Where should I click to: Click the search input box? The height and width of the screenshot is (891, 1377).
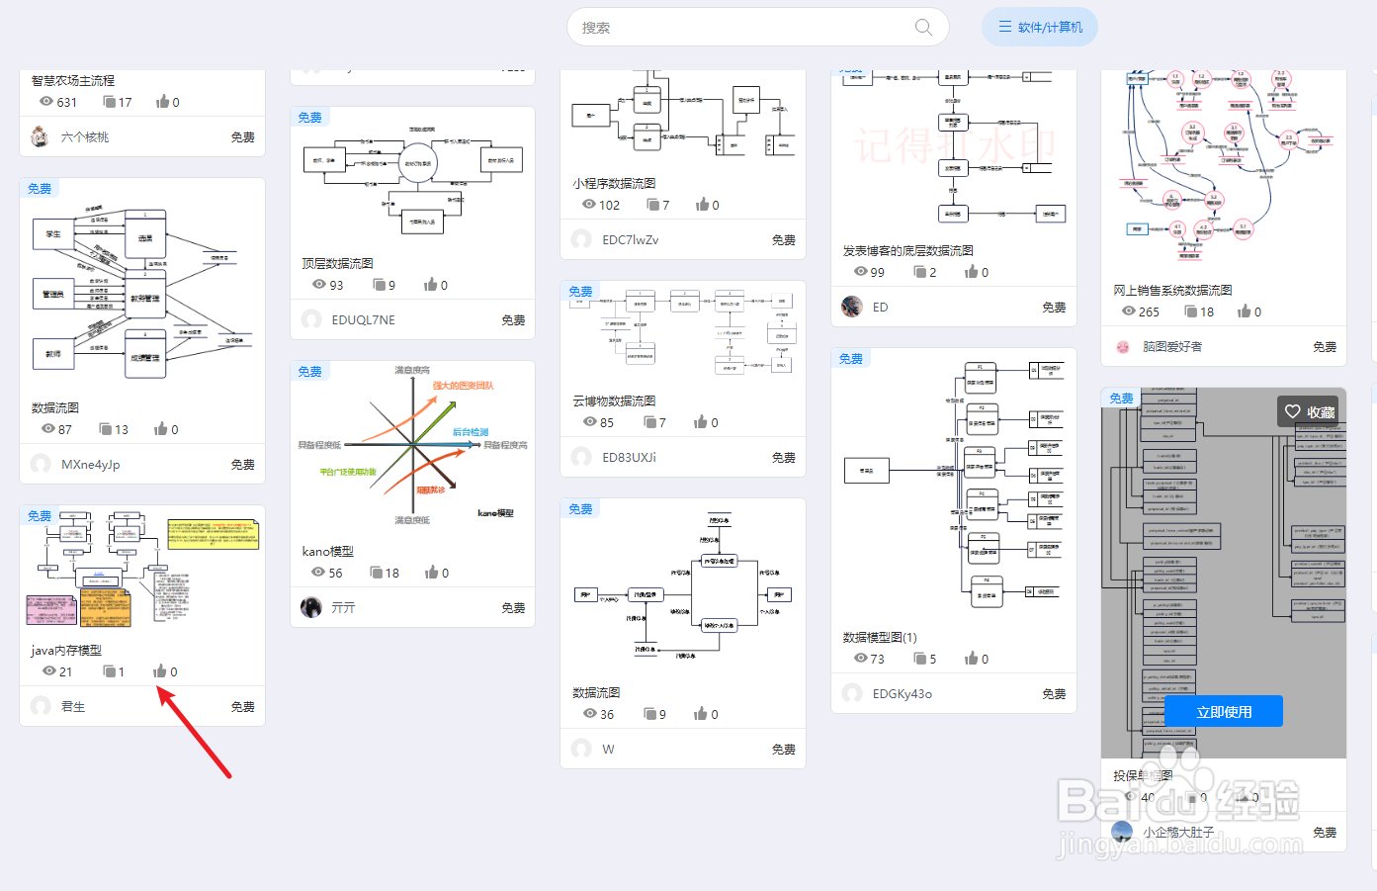coord(741,28)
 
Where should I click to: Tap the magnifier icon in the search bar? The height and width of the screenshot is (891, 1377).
coord(923,28)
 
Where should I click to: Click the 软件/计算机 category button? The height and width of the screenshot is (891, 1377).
coord(1040,28)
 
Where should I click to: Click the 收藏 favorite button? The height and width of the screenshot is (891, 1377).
coord(1310,412)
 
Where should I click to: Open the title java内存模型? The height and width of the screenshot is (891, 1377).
coord(66,650)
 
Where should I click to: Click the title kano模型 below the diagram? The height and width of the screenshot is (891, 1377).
coord(327,551)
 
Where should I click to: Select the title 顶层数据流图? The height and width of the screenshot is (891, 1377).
coord(337,263)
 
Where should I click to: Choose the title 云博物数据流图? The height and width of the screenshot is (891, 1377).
coord(614,401)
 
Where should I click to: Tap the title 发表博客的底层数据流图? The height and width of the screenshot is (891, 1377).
coord(907,250)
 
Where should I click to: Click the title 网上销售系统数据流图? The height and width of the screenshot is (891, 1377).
coord(1172,290)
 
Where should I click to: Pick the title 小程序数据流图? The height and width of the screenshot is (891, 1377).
coord(614,183)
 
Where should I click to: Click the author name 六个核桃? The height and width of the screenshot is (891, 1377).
coord(85,137)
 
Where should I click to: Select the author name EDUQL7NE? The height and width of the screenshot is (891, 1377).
coord(363,319)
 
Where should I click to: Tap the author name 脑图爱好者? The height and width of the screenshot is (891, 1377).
coord(1172,346)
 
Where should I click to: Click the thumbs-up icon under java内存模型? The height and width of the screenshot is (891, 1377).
coord(159,671)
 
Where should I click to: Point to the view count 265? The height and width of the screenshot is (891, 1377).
coord(1149,312)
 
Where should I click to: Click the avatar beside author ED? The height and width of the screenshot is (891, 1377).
coord(852,307)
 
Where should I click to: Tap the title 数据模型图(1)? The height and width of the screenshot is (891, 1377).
coord(880,637)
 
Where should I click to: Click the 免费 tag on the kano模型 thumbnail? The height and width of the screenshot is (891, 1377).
coord(310,372)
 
